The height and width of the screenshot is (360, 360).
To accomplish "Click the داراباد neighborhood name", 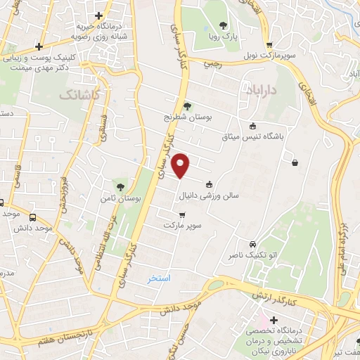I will click(x=263, y=90).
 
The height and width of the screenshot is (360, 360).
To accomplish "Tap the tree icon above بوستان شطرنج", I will click(x=186, y=106).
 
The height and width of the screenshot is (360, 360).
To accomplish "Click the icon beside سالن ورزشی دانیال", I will click(x=208, y=186).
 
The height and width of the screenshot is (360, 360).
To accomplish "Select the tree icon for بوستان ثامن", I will click(x=120, y=187).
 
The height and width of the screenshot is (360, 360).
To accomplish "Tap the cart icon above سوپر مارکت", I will click(x=182, y=215).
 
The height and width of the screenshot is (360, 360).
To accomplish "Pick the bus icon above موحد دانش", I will click(x=33, y=217).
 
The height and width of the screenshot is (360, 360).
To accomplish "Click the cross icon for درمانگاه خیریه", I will click(x=99, y=15).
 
